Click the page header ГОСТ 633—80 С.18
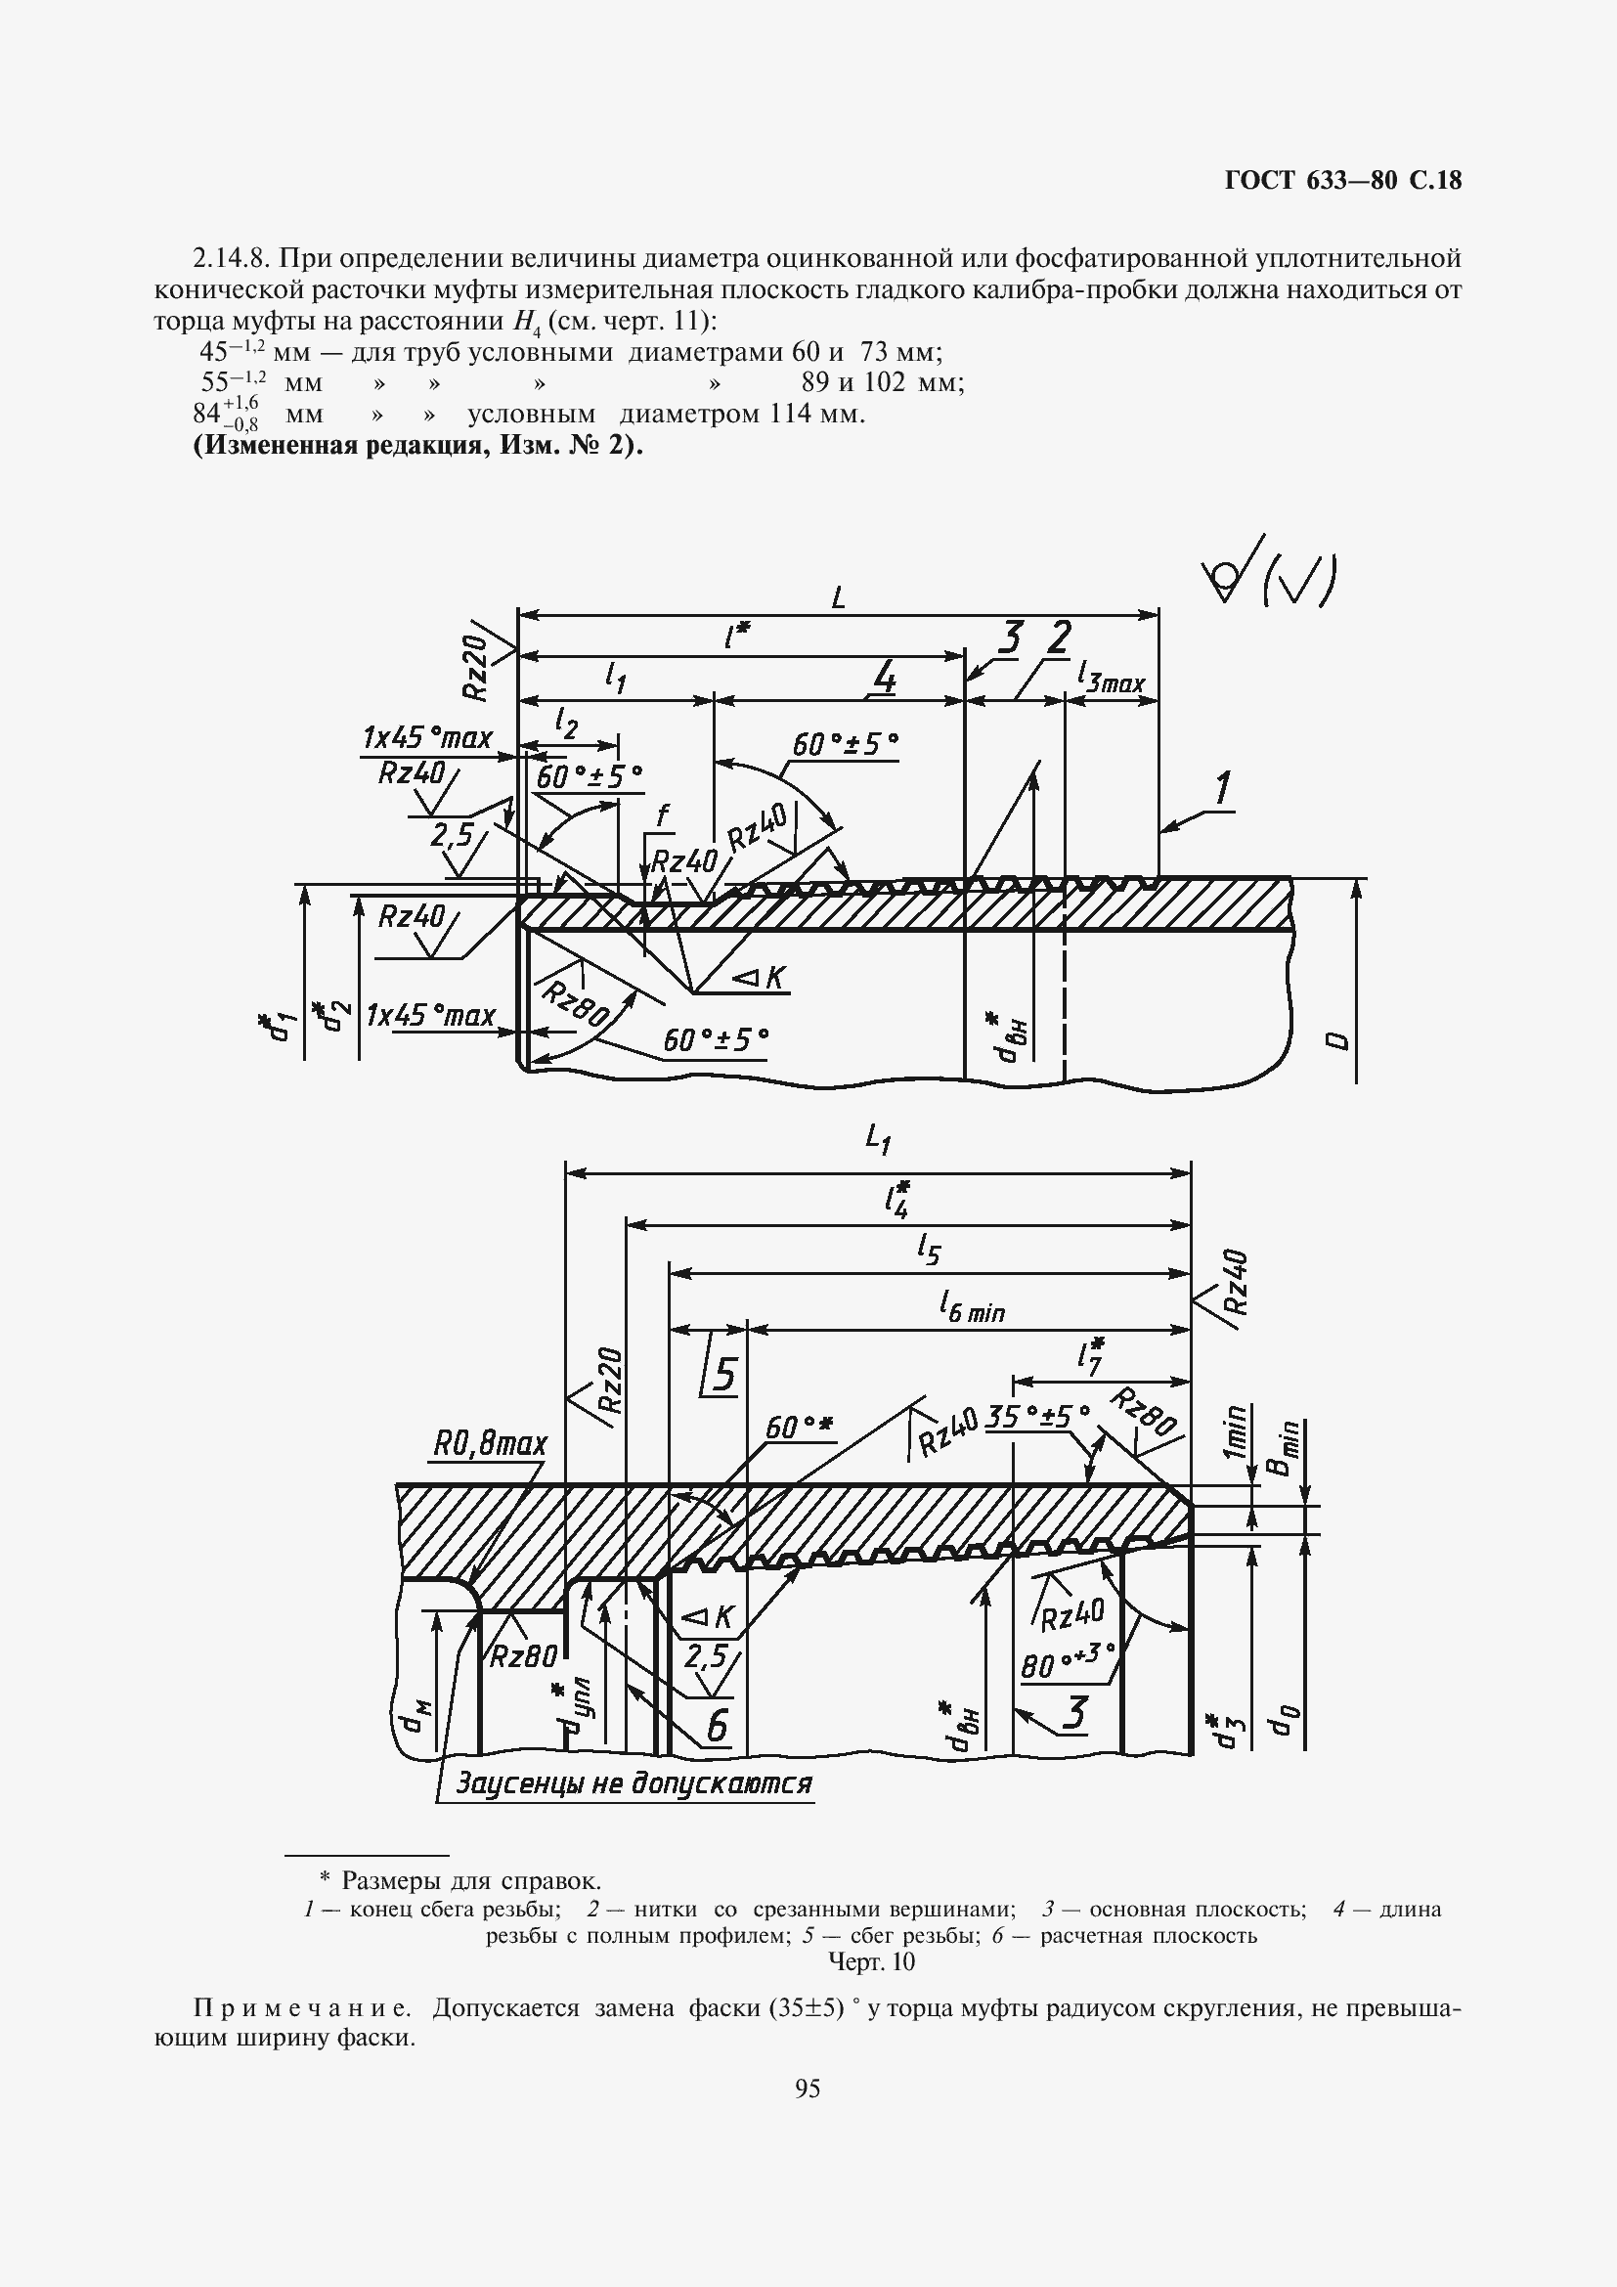pos(1342,180)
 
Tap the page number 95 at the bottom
pos(808,2089)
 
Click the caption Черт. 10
pos(871,1961)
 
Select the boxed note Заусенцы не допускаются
pos(634,1782)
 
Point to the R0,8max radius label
pos(490,1443)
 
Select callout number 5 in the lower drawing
pos(723,1376)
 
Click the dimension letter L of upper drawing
pos(839,597)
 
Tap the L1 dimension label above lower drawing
pos(877,1137)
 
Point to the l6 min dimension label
pos(972,1307)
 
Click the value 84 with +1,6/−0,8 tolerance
pos(226,412)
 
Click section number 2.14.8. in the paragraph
pos(232,259)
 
